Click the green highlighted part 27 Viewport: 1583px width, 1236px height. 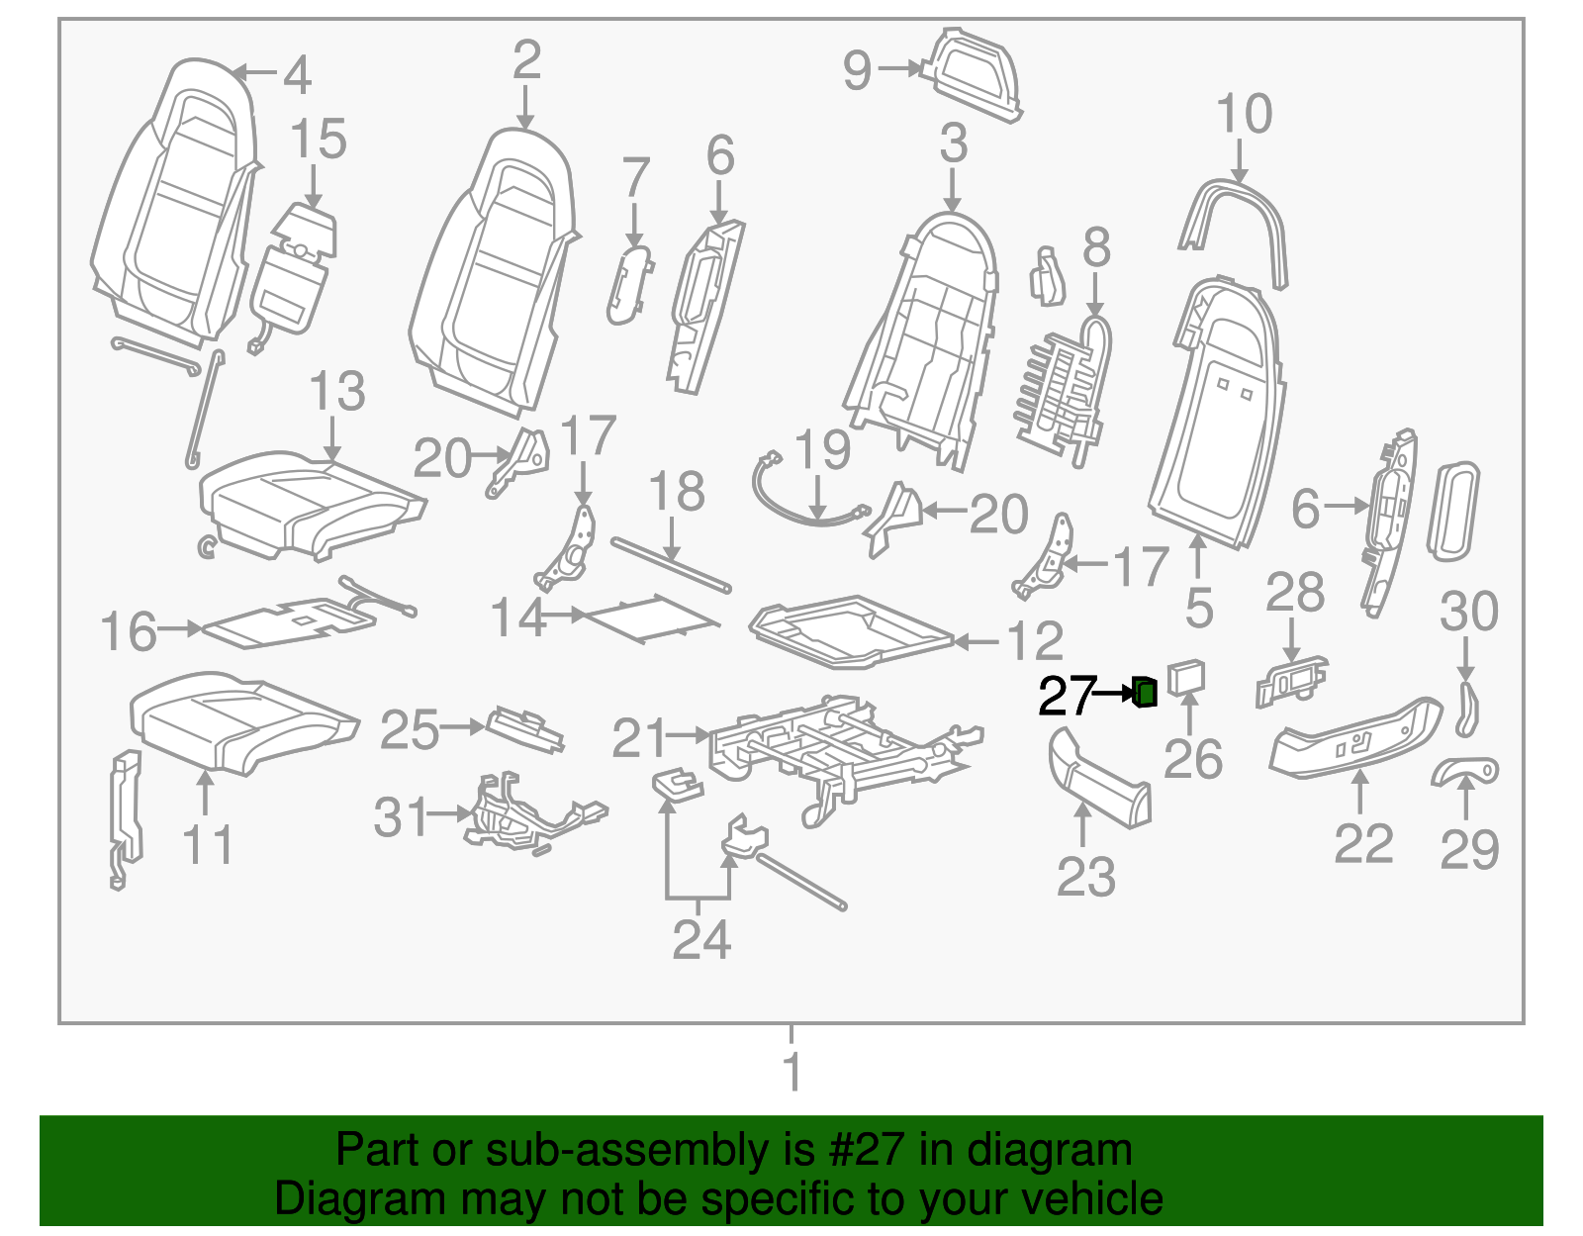(1145, 693)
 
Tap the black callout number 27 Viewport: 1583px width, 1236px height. (1067, 697)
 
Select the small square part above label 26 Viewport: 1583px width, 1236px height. (1186, 677)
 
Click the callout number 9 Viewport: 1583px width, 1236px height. (858, 70)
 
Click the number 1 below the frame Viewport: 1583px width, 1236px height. (791, 1072)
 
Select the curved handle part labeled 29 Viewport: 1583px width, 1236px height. (1464, 771)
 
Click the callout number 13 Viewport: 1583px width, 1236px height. (337, 392)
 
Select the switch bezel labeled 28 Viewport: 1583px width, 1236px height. (1292, 681)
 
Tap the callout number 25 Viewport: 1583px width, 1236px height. (410, 730)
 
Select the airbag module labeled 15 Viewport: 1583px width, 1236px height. (294, 282)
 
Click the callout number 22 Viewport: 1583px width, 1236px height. (1363, 844)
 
